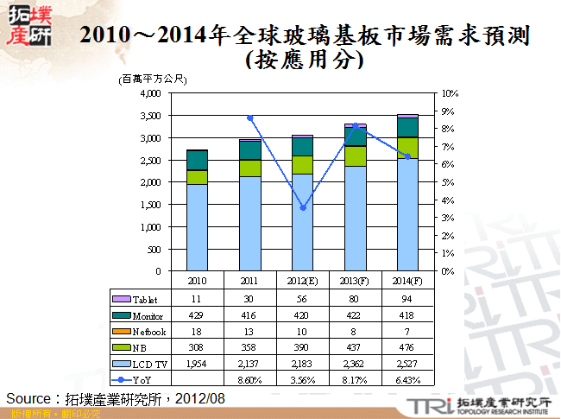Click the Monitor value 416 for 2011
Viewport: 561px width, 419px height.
(x=250, y=315)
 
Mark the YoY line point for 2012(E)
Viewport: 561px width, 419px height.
(x=303, y=207)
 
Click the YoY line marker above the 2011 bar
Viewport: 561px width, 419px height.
(x=250, y=117)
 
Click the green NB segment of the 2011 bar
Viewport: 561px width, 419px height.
(x=250, y=168)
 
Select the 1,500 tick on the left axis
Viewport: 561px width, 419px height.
(x=150, y=205)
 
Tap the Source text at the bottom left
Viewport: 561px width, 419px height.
(x=116, y=398)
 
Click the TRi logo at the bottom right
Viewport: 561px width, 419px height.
(x=428, y=405)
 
